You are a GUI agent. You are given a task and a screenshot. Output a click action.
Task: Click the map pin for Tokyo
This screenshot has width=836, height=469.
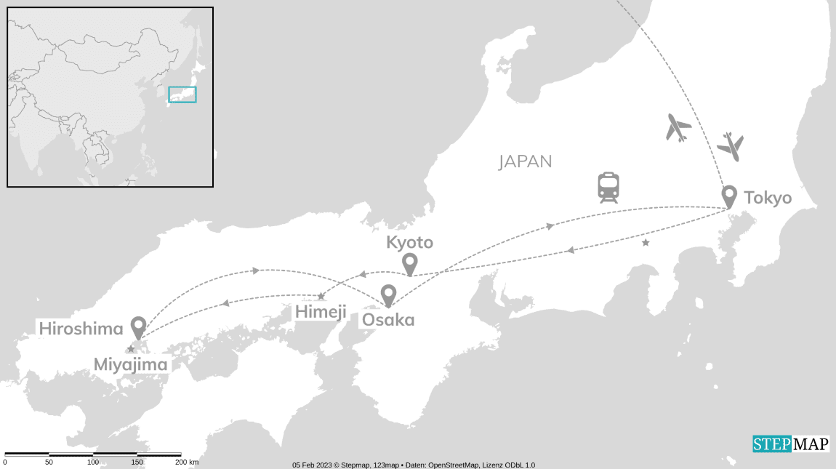tap(728, 196)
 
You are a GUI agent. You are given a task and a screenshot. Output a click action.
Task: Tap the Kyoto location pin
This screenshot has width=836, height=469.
tap(410, 263)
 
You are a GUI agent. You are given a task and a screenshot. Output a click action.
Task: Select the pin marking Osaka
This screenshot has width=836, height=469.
tap(389, 294)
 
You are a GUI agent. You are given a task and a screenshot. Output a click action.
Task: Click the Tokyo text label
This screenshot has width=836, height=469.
tap(768, 197)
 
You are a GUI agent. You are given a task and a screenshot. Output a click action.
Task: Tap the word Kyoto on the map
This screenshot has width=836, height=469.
tap(410, 242)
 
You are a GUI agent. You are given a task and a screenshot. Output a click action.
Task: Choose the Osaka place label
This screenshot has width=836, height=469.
tap(388, 319)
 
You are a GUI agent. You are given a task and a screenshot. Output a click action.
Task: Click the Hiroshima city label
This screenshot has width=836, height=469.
tap(81, 329)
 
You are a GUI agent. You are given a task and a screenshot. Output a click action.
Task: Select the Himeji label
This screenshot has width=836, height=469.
tap(319, 313)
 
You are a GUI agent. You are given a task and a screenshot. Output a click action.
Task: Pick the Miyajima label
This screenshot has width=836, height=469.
tap(131, 364)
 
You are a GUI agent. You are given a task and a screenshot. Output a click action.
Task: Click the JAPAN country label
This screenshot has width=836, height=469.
tap(525, 161)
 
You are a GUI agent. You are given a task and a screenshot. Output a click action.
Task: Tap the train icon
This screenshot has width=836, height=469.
tap(608, 188)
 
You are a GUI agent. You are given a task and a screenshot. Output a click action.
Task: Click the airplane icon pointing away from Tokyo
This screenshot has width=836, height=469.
tap(678, 128)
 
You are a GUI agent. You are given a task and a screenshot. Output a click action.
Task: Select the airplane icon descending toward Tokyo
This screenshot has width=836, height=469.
tap(731, 147)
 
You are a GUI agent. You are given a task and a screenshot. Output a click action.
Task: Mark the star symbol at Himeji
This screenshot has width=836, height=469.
tap(321, 297)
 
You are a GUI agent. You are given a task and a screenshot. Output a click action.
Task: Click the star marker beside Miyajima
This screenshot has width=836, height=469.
tap(131, 350)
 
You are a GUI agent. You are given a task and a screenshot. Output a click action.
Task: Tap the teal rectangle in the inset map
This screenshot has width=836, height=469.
tap(182, 95)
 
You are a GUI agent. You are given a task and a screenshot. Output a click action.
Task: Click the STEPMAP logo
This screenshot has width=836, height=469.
tap(790, 444)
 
